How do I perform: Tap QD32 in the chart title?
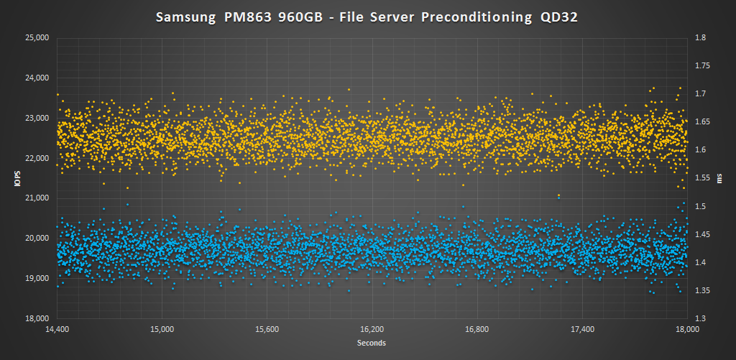pyautogui.click(x=559, y=17)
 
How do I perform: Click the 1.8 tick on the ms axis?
pyautogui.click(x=700, y=38)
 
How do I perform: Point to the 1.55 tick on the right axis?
pyautogui.click(x=702, y=178)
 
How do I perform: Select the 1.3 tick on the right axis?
pyautogui.click(x=700, y=318)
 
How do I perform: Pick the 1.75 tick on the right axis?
pyautogui.click(x=702, y=66)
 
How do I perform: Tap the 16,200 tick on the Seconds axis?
pyautogui.click(x=372, y=330)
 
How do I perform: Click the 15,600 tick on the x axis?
pyautogui.click(x=267, y=330)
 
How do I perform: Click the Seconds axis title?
pyautogui.click(x=372, y=343)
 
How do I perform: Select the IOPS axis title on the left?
pyautogui.click(x=14, y=178)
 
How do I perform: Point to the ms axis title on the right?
pyautogui.click(x=720, y=178)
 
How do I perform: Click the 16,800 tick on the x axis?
pyautogui.click(x=477, y=330)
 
